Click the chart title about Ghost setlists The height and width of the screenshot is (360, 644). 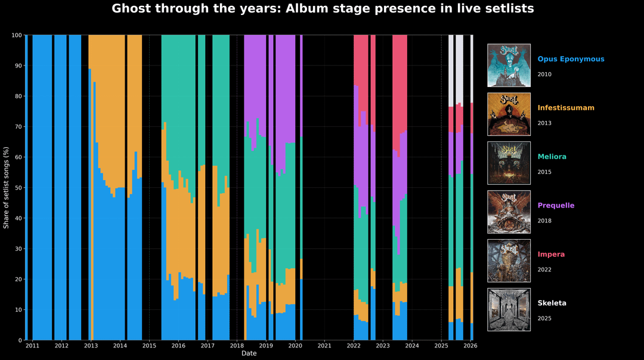coord(323,9)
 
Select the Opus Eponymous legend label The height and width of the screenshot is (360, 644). coord(571,60)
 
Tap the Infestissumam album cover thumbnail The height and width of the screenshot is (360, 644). coord(509,114)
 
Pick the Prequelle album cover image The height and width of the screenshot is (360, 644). coord(509,212)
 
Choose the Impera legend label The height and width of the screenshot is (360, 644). coord(551,255)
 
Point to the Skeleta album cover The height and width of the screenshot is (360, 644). coord(509,309)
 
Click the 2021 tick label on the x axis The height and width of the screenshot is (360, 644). coord(324,346)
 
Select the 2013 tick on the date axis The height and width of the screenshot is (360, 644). coord(91,346)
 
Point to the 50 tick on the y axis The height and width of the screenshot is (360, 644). coord(18,188)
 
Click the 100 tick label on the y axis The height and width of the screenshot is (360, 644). coord(17,35)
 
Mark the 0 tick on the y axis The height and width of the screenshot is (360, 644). coord(20,340)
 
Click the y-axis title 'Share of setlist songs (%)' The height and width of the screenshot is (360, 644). coord(7,188)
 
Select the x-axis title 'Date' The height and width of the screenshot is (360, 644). coord(249,353)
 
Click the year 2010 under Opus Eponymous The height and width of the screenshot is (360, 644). coord(544,75)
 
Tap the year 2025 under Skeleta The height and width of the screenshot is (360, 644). coord(544,318)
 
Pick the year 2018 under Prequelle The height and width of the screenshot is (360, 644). coord(544,221)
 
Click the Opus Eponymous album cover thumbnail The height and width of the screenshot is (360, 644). coord(509,65)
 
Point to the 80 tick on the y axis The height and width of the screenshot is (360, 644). coord(18,96)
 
